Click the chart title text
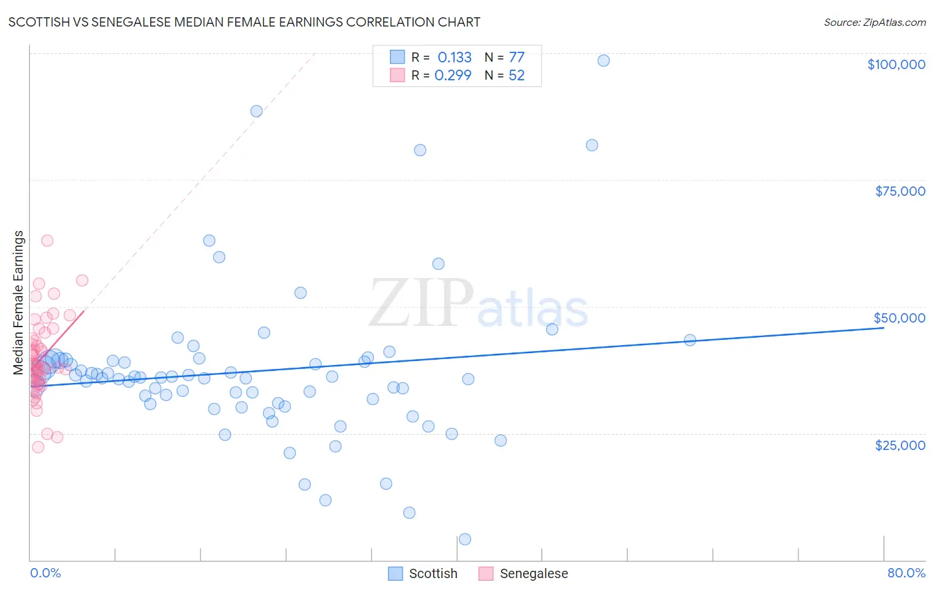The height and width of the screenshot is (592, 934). (x=244, y=22)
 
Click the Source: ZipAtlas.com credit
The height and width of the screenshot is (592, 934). (x=874, y=22)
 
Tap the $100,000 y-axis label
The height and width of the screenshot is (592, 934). (x=895, y=64)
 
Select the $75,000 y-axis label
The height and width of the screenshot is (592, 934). (x=899, y=191)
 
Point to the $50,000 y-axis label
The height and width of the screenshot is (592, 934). (x=899, y=318)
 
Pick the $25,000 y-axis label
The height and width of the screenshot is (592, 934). (x=899, y=445)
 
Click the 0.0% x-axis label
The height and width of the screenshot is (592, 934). (x=45, y=573)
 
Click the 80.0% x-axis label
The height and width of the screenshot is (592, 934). (x=906, y=573)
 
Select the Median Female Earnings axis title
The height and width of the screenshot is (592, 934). (x=19, y=303)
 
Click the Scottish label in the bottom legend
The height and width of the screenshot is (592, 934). (x=433, y=573)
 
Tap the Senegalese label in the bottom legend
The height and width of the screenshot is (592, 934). (x=533, y=573)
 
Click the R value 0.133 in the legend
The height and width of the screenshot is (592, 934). (x=454, y=57)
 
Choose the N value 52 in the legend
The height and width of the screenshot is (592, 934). (x=516, y=76)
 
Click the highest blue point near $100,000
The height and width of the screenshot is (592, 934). (x=603, y=60)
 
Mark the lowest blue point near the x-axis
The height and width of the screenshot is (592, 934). (x=465, y=539)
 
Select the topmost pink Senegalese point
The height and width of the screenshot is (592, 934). (x=47, y=240)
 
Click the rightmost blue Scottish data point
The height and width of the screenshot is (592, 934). (x=690, y=340)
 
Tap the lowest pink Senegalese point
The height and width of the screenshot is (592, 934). (x=38, y=447)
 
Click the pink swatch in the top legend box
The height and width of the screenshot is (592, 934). (x=397, y=75)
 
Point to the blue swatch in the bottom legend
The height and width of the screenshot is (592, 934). (x=395, y=573)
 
